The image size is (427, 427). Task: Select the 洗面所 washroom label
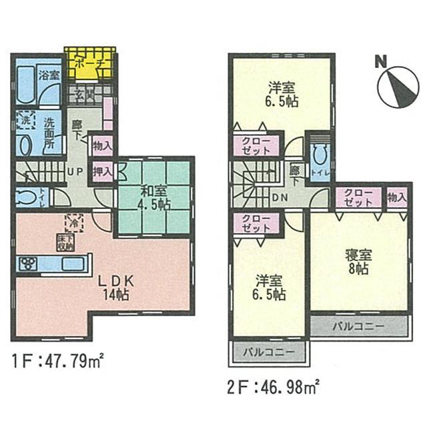point(52,127)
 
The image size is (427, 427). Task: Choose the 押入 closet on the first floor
point(101,171)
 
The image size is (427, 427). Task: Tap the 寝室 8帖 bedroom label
point(358,260)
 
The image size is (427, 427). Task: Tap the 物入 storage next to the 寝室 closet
point(396,197)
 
